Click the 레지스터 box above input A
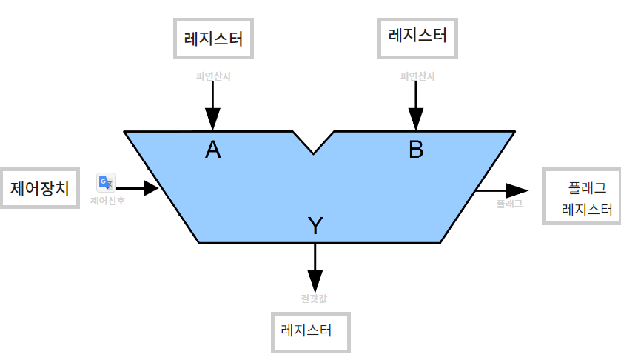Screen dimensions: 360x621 pyautogui.click(x=213, y=37)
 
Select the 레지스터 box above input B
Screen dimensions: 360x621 pyautogui.click(x=417, y=36)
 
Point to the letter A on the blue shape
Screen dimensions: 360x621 pyautogui.click(x=213, y=150)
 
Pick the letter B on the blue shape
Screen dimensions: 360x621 pyautogui.click(x=416, y=150)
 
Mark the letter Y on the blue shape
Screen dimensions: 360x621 pyautogui.click(x=315, y=226)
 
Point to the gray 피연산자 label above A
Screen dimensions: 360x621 pyautogui.click(x=213, y=76)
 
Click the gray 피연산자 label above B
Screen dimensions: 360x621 pyautogui.click(x=416, y=76)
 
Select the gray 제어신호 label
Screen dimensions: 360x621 pyautogui.click(x=107, y=200)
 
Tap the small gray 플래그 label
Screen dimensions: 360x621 pyautogui.click(x=509, y=202)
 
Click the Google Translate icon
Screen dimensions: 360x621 pyautogui.click(x=106, y=182)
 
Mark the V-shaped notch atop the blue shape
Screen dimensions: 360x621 pyautogui.click(x=314, y=144)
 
